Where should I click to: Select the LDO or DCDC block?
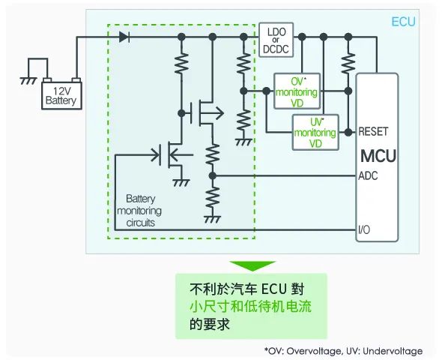point(276,40)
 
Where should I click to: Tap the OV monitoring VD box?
point(297,91)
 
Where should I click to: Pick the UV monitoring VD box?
point(315,132)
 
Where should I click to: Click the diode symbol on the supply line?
point(124,37)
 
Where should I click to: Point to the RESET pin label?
point(373,131)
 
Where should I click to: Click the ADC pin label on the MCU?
point(368,175)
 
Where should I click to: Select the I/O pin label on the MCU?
point(364,230)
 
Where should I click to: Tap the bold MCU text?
point(378,156)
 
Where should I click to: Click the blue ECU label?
point(404,22)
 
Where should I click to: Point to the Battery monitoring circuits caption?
point(139,211)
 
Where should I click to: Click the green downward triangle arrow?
point(252,265)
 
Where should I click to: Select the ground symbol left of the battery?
point(28,81)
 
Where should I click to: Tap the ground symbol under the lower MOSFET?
point(181,183)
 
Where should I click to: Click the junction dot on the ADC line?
point(213,175)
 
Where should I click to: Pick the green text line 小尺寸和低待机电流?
point(251,307)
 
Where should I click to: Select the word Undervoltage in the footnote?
point(393,351)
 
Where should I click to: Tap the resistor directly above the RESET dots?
point(348,63)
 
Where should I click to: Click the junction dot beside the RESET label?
point(348,132)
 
